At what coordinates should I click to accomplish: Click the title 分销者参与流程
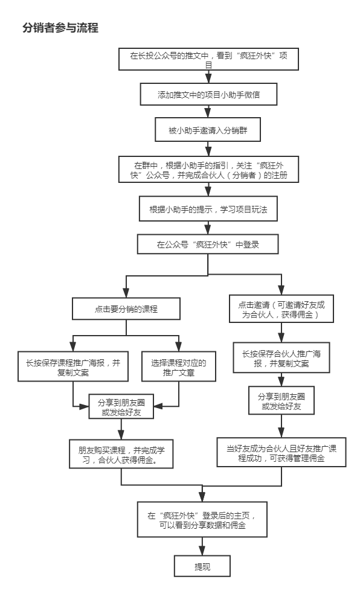60,28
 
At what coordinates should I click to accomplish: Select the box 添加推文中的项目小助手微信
208,94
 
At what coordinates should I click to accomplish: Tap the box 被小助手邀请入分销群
208,130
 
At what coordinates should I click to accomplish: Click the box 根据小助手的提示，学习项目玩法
208,209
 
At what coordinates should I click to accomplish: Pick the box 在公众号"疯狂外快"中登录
208,244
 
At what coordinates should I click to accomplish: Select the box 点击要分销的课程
126,308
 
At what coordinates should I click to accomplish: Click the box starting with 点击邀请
281,309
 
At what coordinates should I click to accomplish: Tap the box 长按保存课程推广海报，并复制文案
72,367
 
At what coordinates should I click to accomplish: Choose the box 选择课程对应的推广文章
179,367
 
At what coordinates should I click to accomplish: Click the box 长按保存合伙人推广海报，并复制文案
281,358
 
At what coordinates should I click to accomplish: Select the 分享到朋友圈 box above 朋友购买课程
121,407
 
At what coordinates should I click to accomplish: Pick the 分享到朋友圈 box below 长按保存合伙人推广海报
281,401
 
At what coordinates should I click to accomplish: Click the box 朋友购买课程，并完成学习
121,454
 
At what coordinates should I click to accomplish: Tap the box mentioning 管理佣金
281,452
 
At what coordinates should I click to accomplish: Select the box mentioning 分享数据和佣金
202,520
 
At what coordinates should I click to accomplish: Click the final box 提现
202,566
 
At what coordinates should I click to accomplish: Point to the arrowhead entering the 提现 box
202,551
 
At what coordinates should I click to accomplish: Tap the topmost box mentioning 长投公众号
208,59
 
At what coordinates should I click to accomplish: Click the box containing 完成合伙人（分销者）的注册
208,170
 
